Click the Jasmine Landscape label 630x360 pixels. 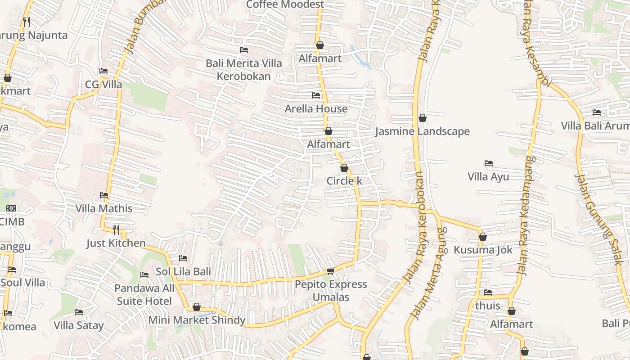tap(422, 131)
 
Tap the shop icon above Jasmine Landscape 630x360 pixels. tap(423, 118)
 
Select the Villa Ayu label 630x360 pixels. tap(488, 176)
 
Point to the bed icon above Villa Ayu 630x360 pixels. tap(488, 163)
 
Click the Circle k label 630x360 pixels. tap(344, 181)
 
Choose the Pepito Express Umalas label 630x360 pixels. tap(331, 291)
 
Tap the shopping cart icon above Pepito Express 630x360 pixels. tap(331, 271)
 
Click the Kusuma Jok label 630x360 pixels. tap(483, 250)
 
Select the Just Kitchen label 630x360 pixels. tap(116, 243)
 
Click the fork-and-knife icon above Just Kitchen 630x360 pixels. tap(116, 230)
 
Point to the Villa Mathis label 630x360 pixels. tap(104, 208)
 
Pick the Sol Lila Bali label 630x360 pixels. tap(183, 272)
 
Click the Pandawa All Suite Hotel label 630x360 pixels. tap(144, 294)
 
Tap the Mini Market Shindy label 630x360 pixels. tap(197, 320)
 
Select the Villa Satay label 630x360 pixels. tap(79, 325)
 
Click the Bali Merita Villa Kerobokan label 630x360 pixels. tap(244, 70)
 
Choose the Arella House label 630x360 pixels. tap(316, 108)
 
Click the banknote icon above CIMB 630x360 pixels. tap(11, 208)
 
